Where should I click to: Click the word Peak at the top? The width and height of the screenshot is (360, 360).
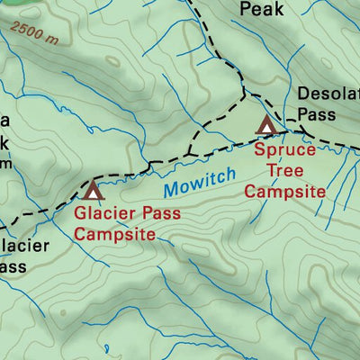(262, 10)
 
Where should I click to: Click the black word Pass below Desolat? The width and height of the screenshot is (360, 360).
(316, 115)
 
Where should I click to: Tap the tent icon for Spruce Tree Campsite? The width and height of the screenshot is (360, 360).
(265, 124)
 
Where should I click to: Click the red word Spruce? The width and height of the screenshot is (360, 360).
(284, 150)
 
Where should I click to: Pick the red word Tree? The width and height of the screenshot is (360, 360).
(284, 171)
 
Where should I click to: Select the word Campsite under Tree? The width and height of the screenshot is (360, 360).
(284, 192)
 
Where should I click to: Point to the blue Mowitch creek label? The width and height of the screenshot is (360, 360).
(200, 182)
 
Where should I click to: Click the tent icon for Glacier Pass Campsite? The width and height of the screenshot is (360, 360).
(92, 191)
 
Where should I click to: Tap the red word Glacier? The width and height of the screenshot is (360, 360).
(103, 215)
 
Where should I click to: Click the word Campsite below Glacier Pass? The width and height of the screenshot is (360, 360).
(114, 235)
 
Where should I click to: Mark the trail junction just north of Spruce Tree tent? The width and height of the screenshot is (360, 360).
(245, 92)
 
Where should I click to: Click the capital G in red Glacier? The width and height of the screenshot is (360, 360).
(80, 215)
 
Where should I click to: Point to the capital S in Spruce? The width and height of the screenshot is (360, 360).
(259, 150)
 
